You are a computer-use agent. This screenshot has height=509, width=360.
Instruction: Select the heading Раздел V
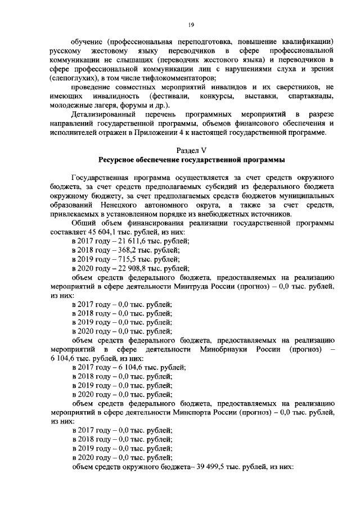point(191,151)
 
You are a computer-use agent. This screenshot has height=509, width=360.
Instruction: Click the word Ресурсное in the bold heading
point(122,160)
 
